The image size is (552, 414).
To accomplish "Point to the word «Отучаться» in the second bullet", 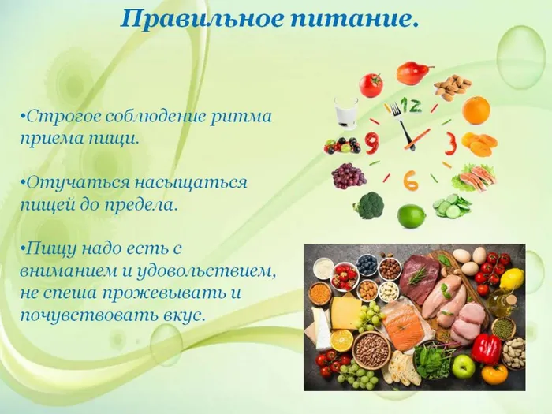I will (65, 182).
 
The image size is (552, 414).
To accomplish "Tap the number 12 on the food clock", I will (410, 105).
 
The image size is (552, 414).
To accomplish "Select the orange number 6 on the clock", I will (410, 180).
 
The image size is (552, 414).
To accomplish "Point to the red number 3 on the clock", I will (450, 143).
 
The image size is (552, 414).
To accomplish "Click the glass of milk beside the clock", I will (345, 112).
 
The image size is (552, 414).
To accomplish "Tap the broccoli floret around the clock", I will (369, 205).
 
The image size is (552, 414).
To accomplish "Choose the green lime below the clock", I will (411, 215).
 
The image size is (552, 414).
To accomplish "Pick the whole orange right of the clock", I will (476, 110).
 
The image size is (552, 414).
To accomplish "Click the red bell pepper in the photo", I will (486, 348).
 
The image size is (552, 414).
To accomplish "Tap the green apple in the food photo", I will (463, 365).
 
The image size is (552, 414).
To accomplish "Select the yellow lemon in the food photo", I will (512, 278).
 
